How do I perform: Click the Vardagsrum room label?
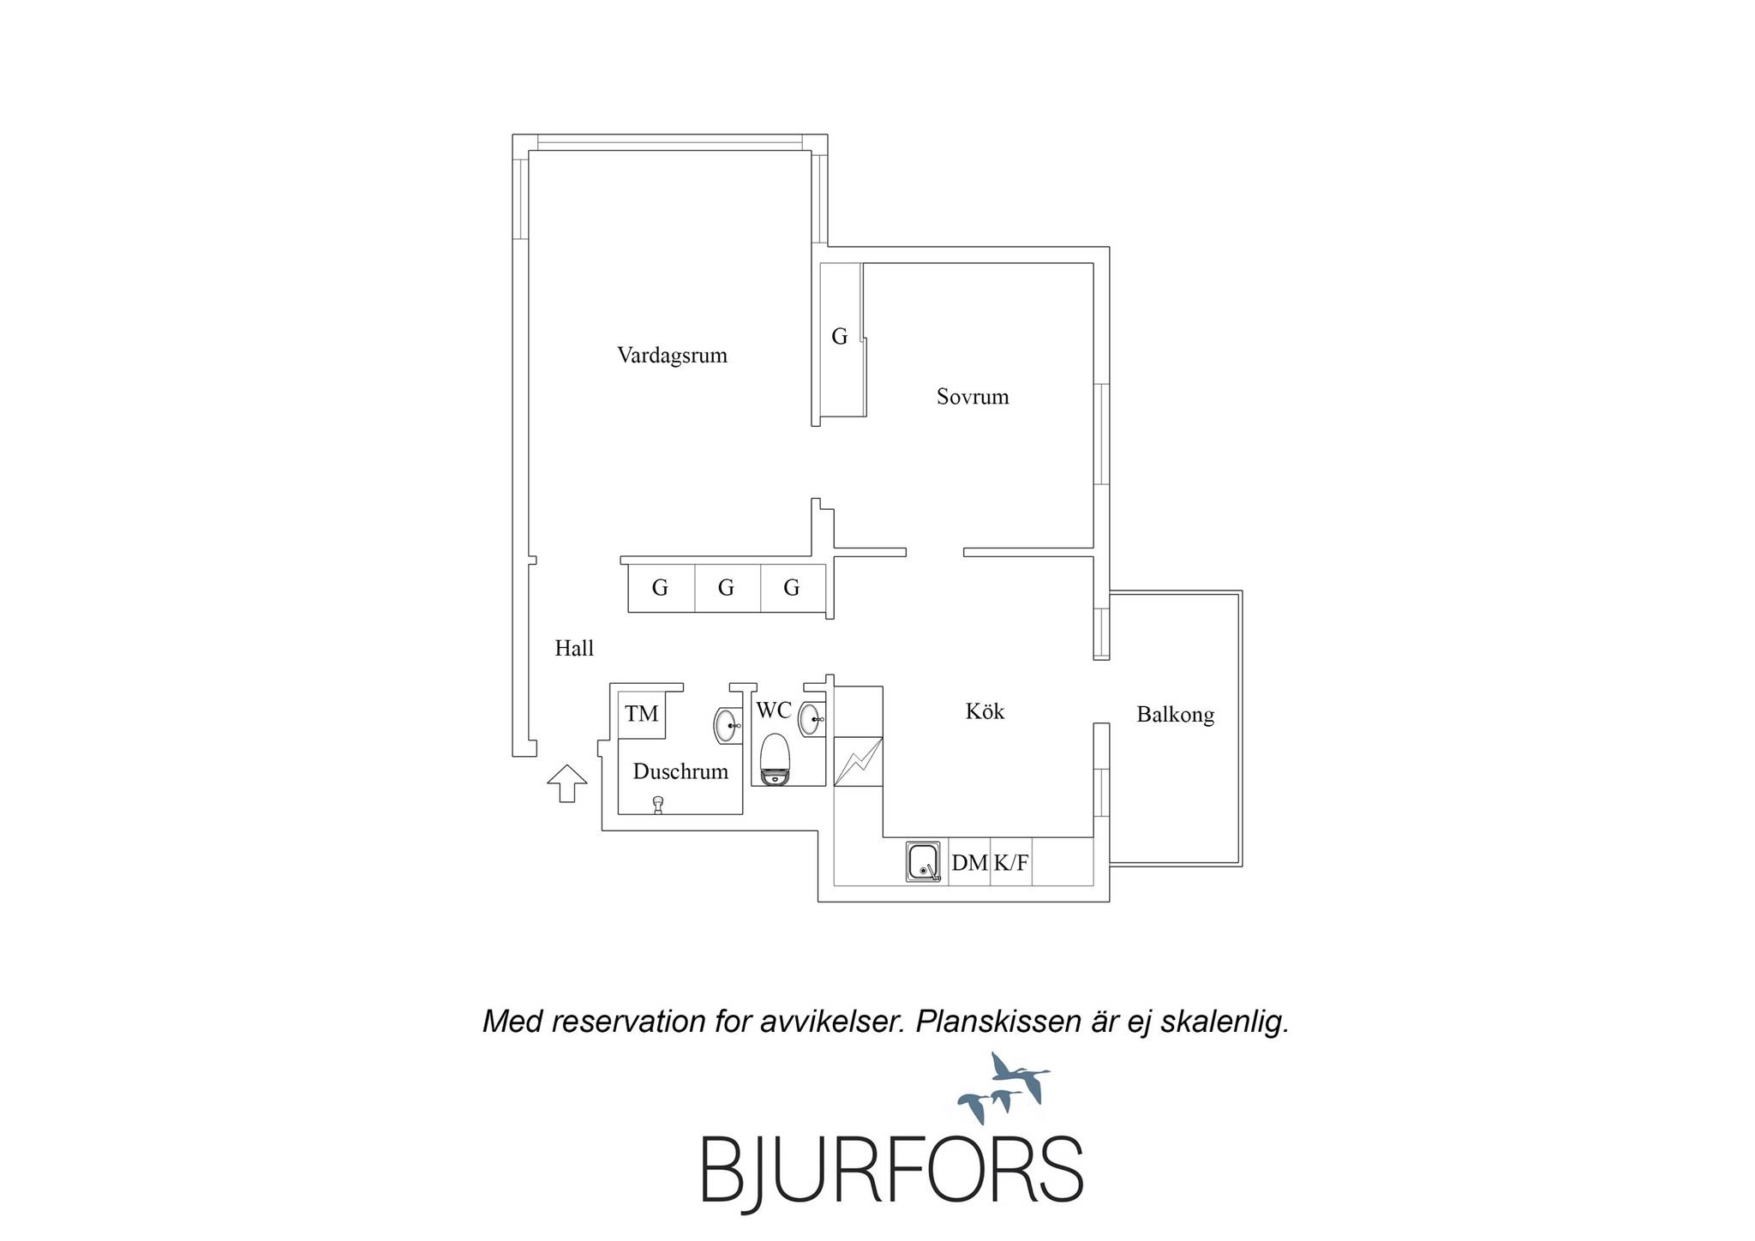[x=672, y=356]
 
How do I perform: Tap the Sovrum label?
[x=973, y=397]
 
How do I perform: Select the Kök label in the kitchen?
[x=985, y=711]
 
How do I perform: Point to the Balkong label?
[x=1175, y=715]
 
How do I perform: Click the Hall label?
[x=574, y=649]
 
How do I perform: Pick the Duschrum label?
[x=680, y=771]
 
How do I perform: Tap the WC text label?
[x=773, y=710]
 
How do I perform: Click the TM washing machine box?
[x=642, y=714]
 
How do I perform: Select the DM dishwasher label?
[x=969, y=863]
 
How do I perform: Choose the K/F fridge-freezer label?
[x=1010, y=863]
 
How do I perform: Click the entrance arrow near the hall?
[x=567, y=783]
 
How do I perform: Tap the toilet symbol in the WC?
[x=775, y=758]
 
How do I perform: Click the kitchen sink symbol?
[x=925, y=862]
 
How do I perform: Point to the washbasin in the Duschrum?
[x=728, y=726]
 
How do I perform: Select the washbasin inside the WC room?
[x=812, y=719]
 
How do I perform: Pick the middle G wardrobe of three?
[x=727, y=588]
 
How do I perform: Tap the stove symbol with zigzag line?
[x=858, y=761]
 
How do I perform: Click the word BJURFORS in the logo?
[x=892, y=1173]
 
